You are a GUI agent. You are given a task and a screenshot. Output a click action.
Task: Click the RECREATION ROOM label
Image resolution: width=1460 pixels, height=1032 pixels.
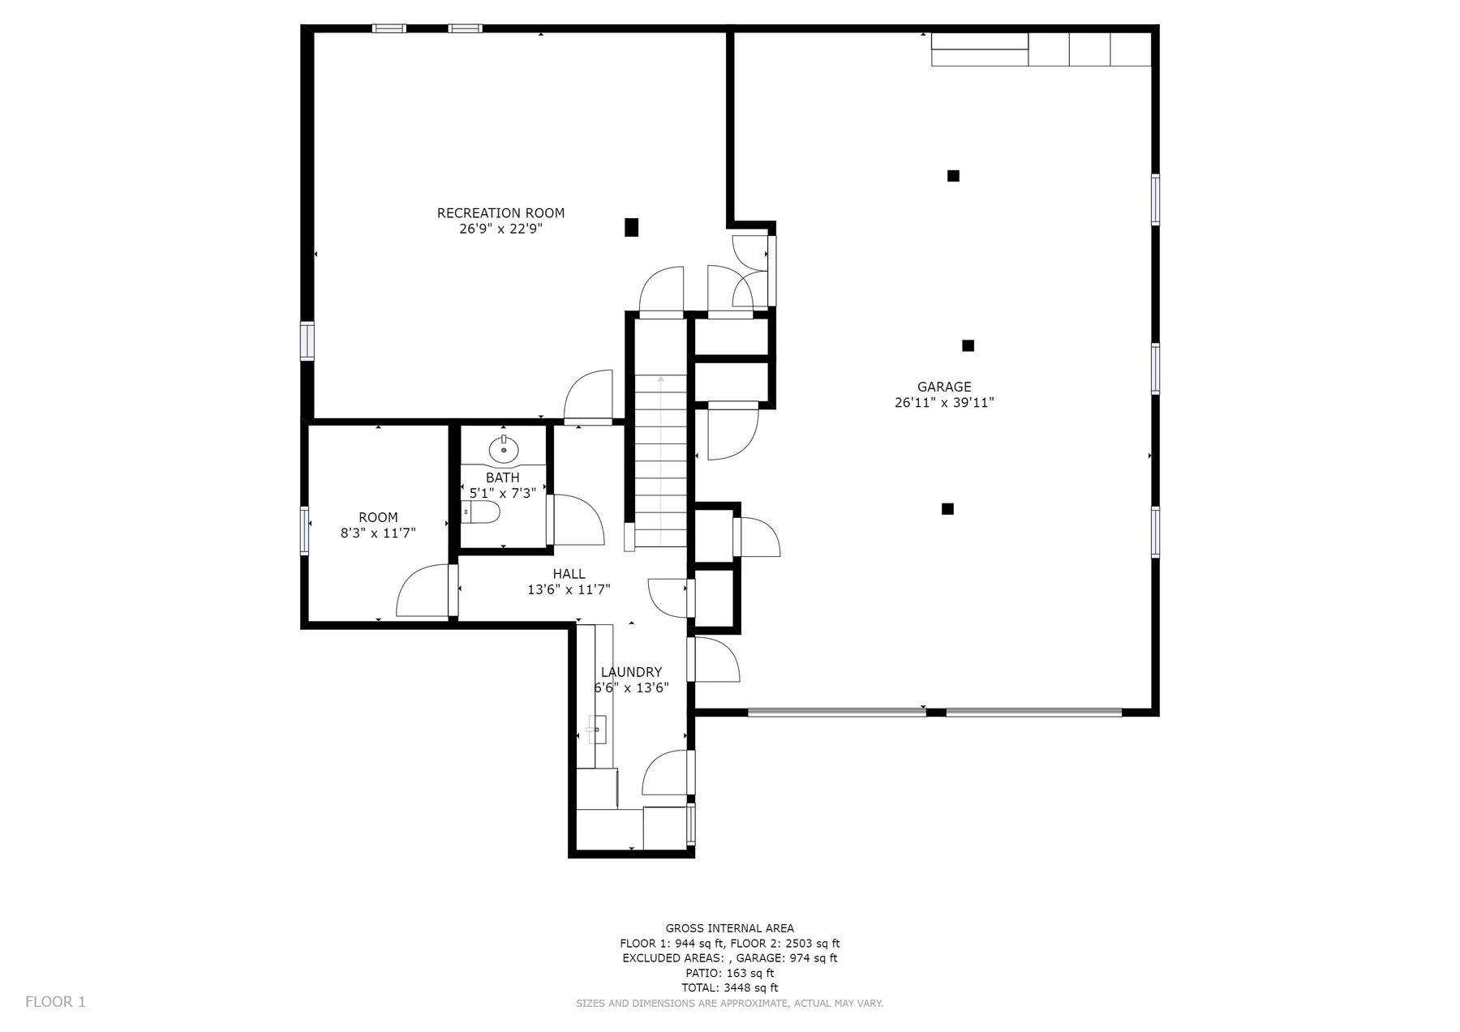coord(500,213)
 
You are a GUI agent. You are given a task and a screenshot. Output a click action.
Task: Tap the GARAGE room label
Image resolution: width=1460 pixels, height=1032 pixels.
coord(944,388)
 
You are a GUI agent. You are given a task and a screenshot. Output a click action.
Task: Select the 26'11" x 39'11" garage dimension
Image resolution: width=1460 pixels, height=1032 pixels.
coord(944,403)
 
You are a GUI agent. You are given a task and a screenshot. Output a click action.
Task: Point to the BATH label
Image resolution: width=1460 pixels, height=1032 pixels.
coord(503,477)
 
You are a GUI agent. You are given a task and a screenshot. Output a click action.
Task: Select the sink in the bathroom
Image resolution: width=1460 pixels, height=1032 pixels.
coord(504,447)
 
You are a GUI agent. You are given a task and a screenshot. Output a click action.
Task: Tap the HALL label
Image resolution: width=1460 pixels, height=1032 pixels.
coord(569,574)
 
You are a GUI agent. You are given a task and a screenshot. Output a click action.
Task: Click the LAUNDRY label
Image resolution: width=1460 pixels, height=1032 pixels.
coord(631,672)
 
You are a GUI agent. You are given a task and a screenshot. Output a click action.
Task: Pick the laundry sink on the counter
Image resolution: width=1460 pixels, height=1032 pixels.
coord(596,730)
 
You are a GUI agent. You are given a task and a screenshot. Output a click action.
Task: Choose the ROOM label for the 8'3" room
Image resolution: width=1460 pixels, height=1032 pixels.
coord(378,517)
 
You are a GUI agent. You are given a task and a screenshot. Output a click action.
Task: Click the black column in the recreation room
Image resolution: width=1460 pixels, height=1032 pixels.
coord(631,227)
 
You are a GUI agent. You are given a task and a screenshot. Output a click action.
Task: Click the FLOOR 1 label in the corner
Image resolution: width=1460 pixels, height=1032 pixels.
coord(55,1001)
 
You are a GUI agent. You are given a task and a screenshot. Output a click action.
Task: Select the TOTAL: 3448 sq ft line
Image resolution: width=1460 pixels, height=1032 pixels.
coord(730,987)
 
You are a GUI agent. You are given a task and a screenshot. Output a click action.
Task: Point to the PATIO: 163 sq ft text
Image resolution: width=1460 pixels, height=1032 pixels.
coord(730,973)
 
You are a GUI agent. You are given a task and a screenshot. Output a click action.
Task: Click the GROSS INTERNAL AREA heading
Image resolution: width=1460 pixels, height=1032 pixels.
coord(730,928)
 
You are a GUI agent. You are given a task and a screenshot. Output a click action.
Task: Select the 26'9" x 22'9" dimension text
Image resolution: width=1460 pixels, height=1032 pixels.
coord(500,229)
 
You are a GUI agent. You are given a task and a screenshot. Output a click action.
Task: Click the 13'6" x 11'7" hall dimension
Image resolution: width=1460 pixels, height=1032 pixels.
coord(569,589)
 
